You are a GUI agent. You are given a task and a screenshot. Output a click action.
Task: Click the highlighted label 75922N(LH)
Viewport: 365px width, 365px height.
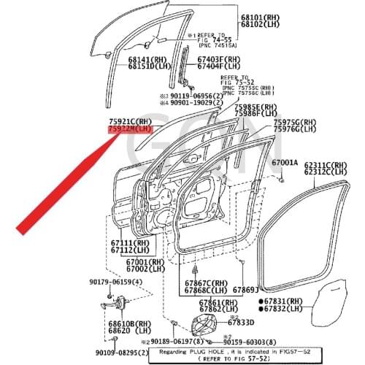click(x=129, y=129)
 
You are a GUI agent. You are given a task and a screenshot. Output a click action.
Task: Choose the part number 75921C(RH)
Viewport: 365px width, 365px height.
click(x=129, y=121)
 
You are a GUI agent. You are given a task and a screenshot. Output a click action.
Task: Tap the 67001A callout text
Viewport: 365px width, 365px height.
click(x=285, y=163)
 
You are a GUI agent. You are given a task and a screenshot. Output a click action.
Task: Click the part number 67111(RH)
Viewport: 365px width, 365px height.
click(x=130, y=242)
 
